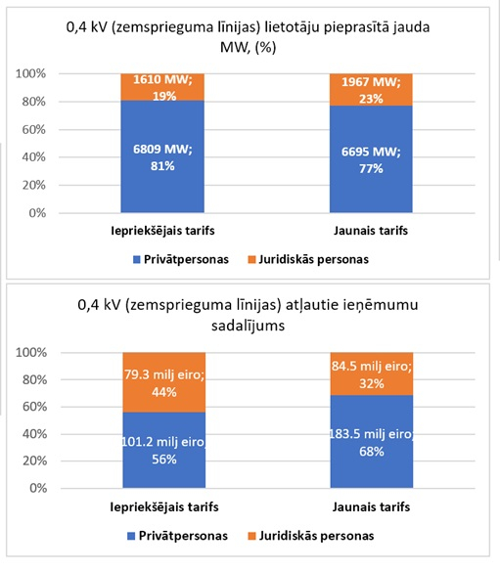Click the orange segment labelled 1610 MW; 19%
point(162,87)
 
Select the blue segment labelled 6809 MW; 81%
point(162,156)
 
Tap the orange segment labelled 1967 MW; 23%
point(371,90)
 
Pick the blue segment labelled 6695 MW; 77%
point(371,159)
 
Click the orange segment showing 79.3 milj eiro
point(164,382)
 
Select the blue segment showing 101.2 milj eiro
point(164,450)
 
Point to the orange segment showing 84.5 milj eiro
point(372,374)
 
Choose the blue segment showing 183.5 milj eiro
point(372,442)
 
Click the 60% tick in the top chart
point(34,129)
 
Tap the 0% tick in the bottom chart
point(38,488)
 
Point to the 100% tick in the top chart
point(31,73)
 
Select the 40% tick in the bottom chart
point(34,434)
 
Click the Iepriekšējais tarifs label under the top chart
point(162,231)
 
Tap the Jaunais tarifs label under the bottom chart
point(371,507)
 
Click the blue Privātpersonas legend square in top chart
point(137,259)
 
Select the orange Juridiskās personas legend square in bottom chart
point(251,536)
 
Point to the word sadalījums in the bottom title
point(249,326)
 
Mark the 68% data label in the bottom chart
point(372,452)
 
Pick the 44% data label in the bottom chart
point(164,392)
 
